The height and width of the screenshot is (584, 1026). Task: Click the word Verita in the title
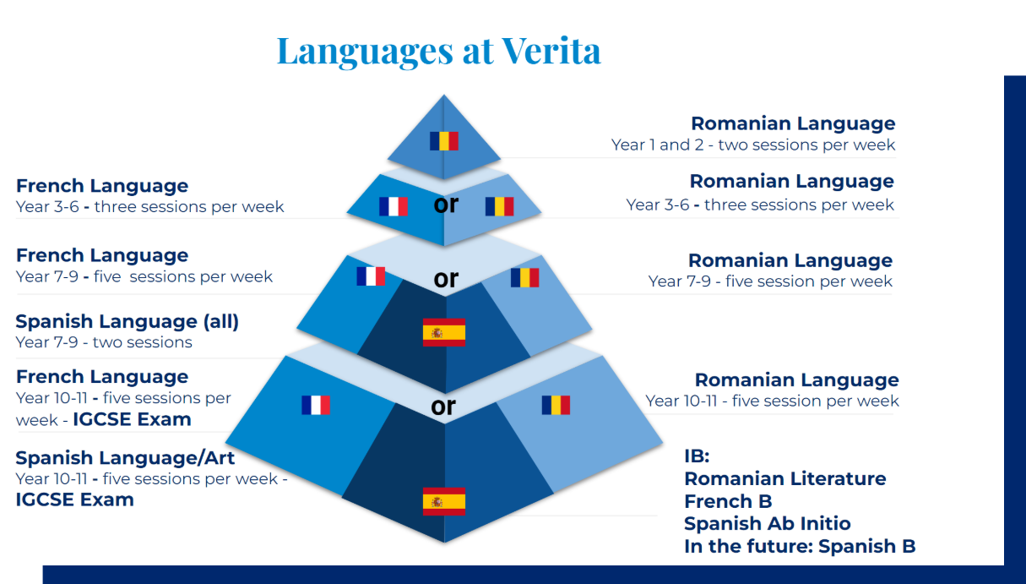click(x=551, y=51)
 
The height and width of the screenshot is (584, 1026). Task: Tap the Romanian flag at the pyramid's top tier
click(x=444, y=141)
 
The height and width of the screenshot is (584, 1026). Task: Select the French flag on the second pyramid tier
click(x=394, y=206)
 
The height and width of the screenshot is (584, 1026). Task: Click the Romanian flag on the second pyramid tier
click(x=499, y=206)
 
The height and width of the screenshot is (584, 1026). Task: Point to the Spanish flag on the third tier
click(x=444, y=332)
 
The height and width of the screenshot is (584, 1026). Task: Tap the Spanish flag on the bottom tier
click(x=444, y=501)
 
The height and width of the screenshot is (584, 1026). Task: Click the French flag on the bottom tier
click(x=316, y=405)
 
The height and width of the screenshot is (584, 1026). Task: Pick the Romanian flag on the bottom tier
click(x=556, y=405)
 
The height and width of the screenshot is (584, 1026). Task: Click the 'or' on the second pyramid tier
click(x=446, y=205)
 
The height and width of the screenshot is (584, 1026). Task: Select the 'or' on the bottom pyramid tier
click(x=443, y=407)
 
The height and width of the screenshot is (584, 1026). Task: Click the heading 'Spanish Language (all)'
click(x=128, y=322)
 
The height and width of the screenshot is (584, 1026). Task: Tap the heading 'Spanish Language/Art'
click(x=125, y=458)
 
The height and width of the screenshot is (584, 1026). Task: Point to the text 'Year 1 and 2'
click(x=657, y=145)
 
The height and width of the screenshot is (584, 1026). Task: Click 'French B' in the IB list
click(x=728, y=501)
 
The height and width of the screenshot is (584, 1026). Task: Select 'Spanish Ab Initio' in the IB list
click(x=768, y=523)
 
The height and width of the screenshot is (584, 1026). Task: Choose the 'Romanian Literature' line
click(x=785, y=478)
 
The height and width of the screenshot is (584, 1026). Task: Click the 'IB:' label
click(x=697, y=456)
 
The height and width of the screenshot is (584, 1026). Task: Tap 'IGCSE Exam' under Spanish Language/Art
click(x=74, y=499)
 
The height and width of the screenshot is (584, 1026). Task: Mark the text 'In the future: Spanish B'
click(x=800, y=547)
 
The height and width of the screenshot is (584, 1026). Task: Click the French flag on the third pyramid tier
click(x=371, y=276)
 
